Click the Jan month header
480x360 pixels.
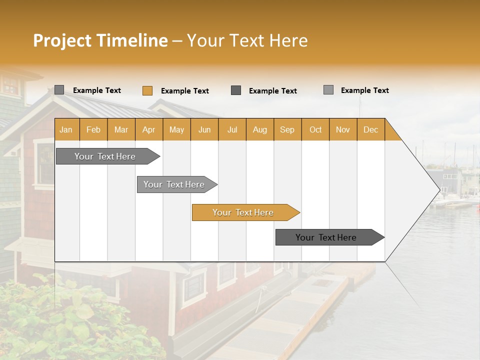66,129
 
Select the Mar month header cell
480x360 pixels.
121,129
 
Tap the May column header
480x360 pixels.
176,129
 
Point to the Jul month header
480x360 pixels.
232,129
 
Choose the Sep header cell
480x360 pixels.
287,129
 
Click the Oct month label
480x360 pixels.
315,129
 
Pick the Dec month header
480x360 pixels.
370,129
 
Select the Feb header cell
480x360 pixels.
93,129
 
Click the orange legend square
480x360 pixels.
147,90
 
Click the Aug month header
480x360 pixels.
259,129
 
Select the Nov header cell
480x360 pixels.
343,129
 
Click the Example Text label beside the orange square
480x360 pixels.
184,91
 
